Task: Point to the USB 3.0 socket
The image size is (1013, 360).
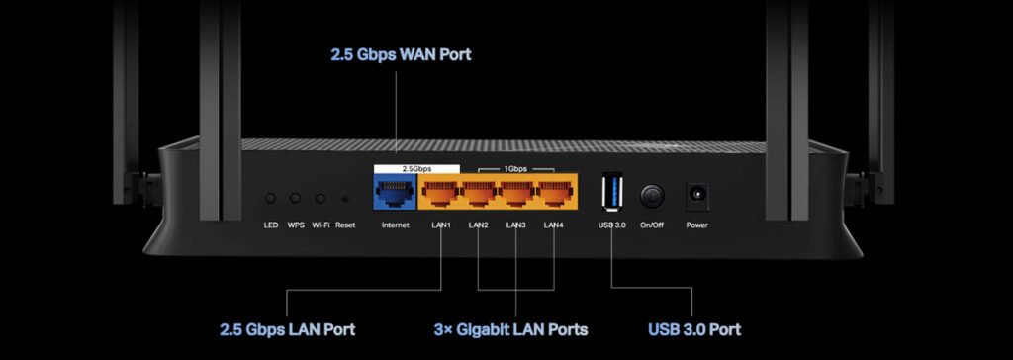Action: tap(611, 191)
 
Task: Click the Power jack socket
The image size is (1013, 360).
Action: tap(697, 194)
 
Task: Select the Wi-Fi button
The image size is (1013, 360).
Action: tap(321, 198)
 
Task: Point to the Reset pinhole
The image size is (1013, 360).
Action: tap(345, 199)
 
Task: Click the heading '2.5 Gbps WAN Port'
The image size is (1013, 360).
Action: tap(401, 53)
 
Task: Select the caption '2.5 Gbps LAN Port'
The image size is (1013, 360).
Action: tap(287, 329)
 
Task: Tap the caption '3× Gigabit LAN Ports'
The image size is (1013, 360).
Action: tap(511, 329)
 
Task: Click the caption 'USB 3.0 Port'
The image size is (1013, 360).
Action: tap(694, 329)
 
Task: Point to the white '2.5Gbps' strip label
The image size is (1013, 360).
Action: tap(415, 169)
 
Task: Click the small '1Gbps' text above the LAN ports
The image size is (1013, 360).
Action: tap(516, 170)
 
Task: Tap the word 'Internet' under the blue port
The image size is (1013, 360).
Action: tap(395, 225)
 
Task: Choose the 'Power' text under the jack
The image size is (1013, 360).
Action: tap(697, 225)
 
